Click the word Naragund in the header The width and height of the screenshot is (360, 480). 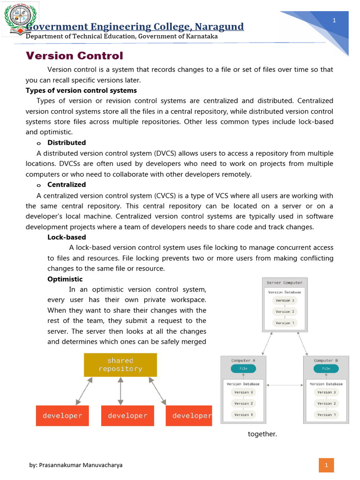(219, 27)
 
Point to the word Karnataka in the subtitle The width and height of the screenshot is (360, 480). (202, 37)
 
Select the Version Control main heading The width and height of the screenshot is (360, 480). (74, 56)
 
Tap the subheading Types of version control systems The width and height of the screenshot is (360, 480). (81, 90)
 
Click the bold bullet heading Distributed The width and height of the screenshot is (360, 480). (67, 142)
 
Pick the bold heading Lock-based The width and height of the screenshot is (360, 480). (67, 237)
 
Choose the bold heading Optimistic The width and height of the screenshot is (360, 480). (65, 279)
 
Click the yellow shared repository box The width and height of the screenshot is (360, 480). (120, 365)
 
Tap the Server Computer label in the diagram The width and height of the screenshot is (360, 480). (285, 283)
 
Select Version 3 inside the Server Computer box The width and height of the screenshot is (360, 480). (285, 300)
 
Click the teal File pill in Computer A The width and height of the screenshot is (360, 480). (243, 368)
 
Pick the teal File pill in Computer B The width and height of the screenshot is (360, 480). (326, 368)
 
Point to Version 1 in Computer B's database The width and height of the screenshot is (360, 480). (324, 414)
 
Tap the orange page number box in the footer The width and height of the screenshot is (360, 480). (326, 465)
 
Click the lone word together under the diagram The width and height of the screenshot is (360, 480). (262, 434)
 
